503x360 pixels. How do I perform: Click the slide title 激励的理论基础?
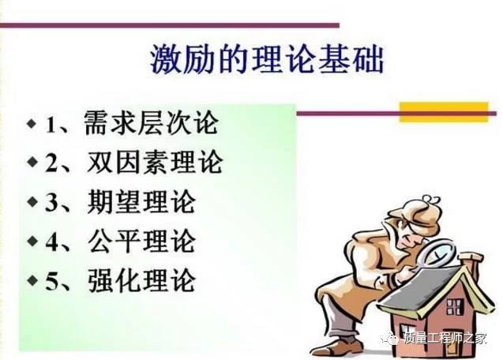pyautogui.click(x=267, y=59)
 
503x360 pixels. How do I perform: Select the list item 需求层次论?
pyautogui.click(x=151, y=123)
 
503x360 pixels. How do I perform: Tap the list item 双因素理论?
pyautogui.click(x=155, y=163)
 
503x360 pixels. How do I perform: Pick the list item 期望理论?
pyautogui.click(x=141, y=202)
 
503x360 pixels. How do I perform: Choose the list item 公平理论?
pyautogui.click(x=141, y=242)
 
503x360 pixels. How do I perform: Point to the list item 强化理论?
pyautogui.click(x=141, y=280)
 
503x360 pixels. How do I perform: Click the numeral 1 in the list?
pyautogui.click(x=51, y=125)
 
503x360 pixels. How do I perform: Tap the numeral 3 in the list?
pyautogui.click(x=51, y=203)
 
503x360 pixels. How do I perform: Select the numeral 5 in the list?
pyautogui.click(x=51, y=282)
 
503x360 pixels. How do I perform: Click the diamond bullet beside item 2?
pyautogui.click(x=32, y=162)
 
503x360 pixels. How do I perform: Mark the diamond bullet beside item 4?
pyautogui.click(x=32, y=241)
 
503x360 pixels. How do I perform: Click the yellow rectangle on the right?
pyautogui.click(x=444, y=112)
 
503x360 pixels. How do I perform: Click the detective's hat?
pyautogui.click(x=417, y=214)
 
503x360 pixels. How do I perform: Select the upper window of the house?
pyautogui.click(x=454, y=307)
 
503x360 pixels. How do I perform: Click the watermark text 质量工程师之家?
pyautogui.click(x=445, y=339)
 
